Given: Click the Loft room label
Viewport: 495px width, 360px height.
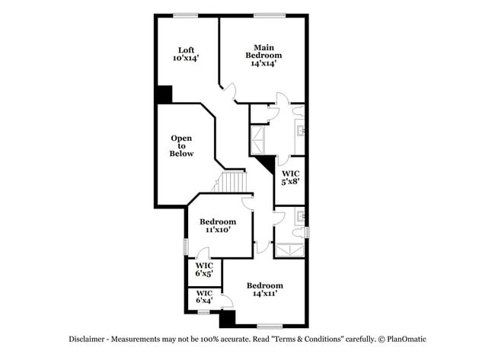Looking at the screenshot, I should click(x=186, y=54).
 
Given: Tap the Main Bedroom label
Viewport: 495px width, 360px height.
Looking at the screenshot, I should click(x=263, y=55).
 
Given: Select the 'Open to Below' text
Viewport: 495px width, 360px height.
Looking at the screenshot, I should click(x=181, y=145).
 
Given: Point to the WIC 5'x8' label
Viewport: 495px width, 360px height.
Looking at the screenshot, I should click(x=289, y=177).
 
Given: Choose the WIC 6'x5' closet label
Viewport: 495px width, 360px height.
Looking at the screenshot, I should click(x=204, y=269).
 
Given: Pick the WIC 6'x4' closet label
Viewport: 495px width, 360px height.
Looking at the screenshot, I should click(x=204, y=297).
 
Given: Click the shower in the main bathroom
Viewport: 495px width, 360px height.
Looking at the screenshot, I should click(x=260, y=140).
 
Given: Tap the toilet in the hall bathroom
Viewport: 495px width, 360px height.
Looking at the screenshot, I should click(x=299, y=215).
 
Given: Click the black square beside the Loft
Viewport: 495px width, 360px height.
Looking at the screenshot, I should click(x=164, y=94).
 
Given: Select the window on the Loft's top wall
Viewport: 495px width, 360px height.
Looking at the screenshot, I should click(x=186, y=14).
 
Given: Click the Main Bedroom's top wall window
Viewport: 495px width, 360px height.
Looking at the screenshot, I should click(x=265, y=14).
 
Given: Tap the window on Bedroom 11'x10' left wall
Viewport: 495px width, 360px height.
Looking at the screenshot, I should click(x=186, y=247).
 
